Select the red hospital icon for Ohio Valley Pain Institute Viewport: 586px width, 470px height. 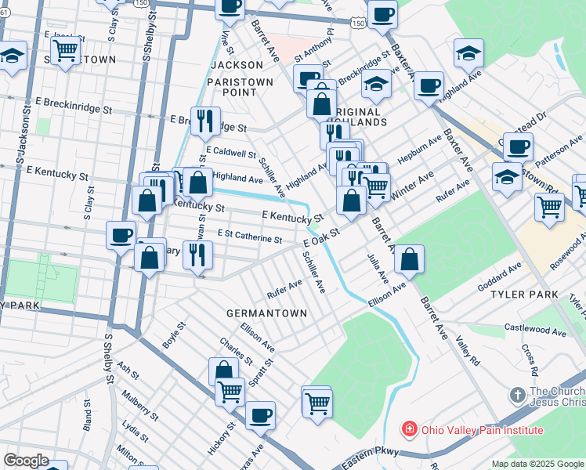coord(408,430)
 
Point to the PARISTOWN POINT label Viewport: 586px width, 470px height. coord(240,87)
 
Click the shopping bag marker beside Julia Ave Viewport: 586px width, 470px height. coord(409,260)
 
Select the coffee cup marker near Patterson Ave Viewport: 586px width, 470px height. coord(517,146)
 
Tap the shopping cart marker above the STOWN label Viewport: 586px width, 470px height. coord(67,52)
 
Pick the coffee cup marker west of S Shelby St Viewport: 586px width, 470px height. coord(121,234)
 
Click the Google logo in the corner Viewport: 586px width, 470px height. coord(27,461)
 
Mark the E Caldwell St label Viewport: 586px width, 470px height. coord(231,154)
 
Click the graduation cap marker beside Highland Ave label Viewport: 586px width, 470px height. coord(468,53)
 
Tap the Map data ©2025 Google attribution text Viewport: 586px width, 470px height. coord(537,464)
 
